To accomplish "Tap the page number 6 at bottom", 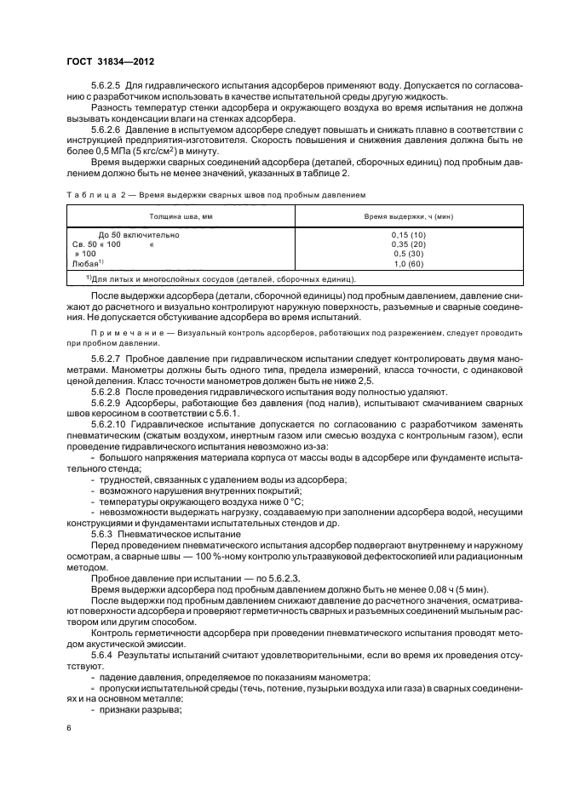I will (69, 729).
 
